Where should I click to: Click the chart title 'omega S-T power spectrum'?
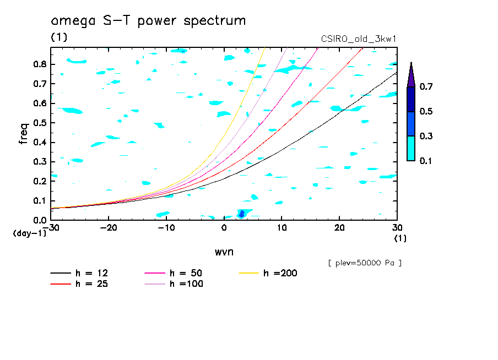coord(148,21)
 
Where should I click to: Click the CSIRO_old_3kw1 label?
coord(359,40)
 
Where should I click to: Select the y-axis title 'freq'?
coord(24,133)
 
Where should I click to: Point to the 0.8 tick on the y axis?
coord(39,64)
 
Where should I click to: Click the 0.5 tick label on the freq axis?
coord(39,123)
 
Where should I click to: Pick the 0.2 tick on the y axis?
coord(39,181)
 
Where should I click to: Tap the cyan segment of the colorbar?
coord(411,148)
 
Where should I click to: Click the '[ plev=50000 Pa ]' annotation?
coord(365,263)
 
